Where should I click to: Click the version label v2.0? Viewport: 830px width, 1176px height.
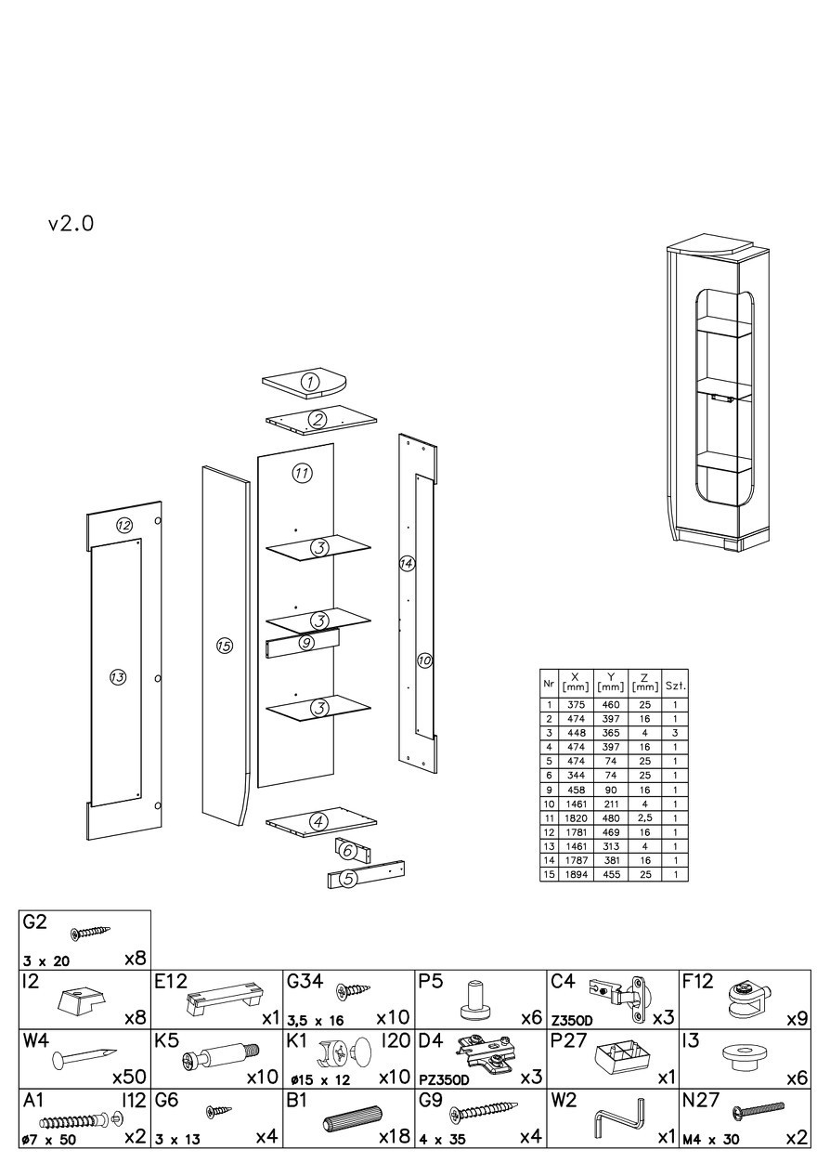coord(71,224)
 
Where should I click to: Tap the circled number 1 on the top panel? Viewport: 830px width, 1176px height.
coord(311,380)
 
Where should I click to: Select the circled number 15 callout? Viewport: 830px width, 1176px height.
coord(224,646)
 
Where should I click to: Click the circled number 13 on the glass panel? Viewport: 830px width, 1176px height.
coord(117,677)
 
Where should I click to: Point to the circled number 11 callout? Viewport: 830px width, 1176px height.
coord(301,473)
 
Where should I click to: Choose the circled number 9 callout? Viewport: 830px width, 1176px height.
coord(306,642)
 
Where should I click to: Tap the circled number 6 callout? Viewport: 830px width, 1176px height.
coord(347,850)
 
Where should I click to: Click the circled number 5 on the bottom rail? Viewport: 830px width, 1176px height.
coord(348,877)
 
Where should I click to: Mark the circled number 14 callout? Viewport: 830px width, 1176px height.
coord(406,563)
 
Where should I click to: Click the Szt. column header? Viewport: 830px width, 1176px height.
coord(675,686)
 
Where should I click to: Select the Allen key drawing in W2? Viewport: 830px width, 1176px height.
coord(618,1117)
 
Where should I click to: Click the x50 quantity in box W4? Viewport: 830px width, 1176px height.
coord(129,1078)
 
